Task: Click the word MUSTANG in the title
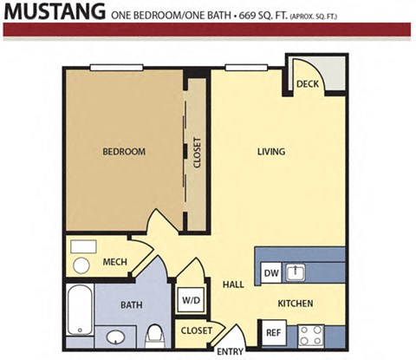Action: (54, 12)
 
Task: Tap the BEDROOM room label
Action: (124, 153)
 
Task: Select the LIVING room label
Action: (270, 153)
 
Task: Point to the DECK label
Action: (306, 84)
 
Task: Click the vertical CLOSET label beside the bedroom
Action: (197, 153)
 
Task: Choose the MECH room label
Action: (115, 262)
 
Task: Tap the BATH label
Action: (131, 304)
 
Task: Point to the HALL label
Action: (232, 285)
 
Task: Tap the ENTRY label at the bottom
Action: (230, 350)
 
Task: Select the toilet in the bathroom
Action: (156, 332)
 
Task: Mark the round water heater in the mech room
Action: (81, 265)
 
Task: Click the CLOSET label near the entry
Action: (196, 331)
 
